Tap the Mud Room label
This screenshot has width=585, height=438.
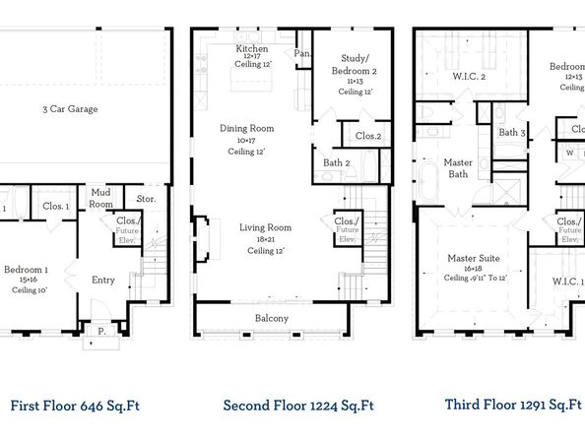tap(101, 198)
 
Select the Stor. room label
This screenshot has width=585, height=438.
tap(148, 199)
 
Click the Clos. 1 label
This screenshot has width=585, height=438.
tap(56, 207)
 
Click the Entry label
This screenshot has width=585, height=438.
tap(103, 280)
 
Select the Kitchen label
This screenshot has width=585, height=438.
tap(253, 49)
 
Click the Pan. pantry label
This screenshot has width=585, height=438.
tap(302, 54)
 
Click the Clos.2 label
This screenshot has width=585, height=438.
tap(368, 136)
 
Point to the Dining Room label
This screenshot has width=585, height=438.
tap(246, 129)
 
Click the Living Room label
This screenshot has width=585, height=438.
tap(267, 227)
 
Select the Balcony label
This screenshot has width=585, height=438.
tap(272, 318)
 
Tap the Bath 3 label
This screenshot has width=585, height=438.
tap(512, 133)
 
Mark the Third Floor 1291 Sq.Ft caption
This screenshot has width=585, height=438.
tap(512, 405)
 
